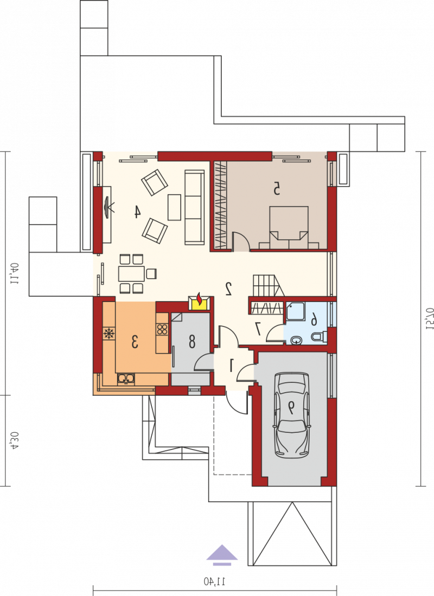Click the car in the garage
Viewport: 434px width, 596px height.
(291, 415)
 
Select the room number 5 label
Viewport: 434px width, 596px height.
(277, 189)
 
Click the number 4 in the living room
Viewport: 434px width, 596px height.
(137, 212)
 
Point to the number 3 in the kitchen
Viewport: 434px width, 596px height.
(135, 342)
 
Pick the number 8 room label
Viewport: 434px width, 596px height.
(192, 342)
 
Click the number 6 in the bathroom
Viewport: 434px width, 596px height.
(314, 319)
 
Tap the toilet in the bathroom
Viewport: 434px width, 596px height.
(319, 336)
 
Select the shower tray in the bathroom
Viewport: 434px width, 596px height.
(295, 311)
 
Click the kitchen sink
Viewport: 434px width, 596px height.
(125, 378)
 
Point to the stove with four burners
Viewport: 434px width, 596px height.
(162, 329)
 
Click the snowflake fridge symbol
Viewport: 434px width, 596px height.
(109, 334)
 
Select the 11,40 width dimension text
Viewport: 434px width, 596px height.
(214, 581)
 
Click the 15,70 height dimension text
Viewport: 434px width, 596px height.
(430, 319)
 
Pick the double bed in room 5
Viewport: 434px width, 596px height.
(289, 228)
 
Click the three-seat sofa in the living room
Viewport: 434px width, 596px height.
(194, 207)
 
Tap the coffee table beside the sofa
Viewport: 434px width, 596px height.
(174, 207)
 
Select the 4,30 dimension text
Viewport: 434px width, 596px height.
(14, 441)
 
